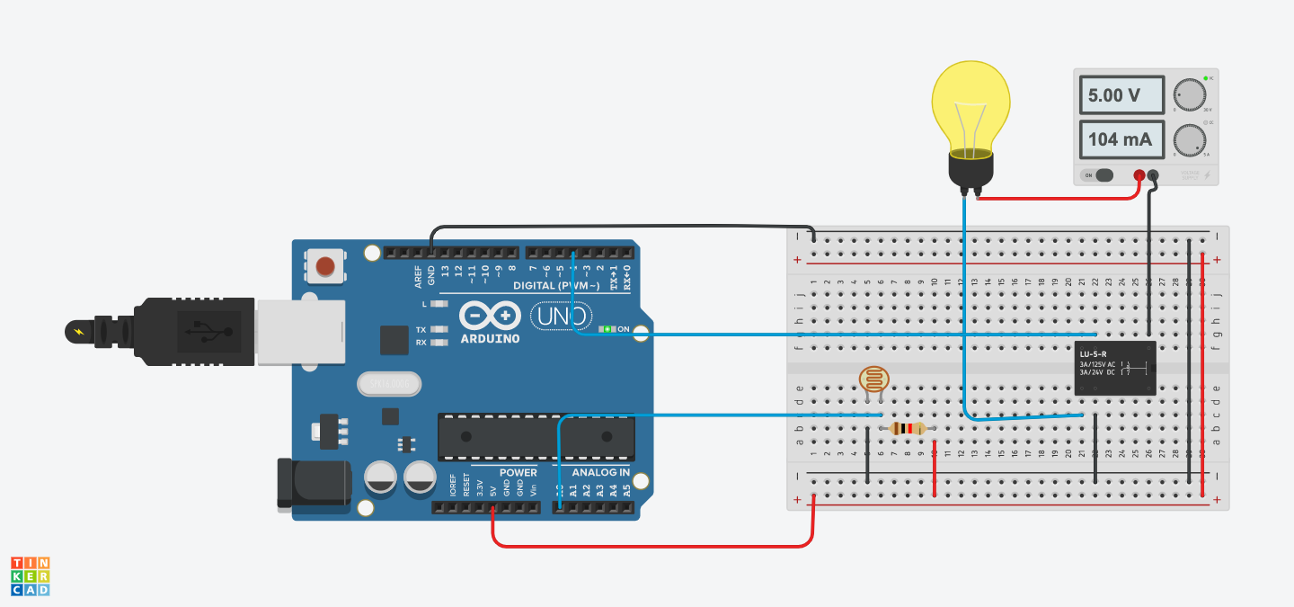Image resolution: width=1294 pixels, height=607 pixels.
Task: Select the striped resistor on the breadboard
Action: click(908, 429)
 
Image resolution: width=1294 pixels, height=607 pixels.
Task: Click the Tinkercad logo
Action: click(31, 576)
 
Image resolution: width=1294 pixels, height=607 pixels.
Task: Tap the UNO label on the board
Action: click(561, 316)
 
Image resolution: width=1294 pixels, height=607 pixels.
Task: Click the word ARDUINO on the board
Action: click(490, 338)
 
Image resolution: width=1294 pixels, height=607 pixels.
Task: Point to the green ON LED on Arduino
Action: click(607, 329)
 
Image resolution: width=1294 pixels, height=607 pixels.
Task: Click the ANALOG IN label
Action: click(600, 472)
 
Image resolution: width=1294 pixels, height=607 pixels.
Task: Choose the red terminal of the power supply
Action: click(1139, 175)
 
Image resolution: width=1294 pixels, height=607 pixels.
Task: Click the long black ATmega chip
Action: click(536, 437)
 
